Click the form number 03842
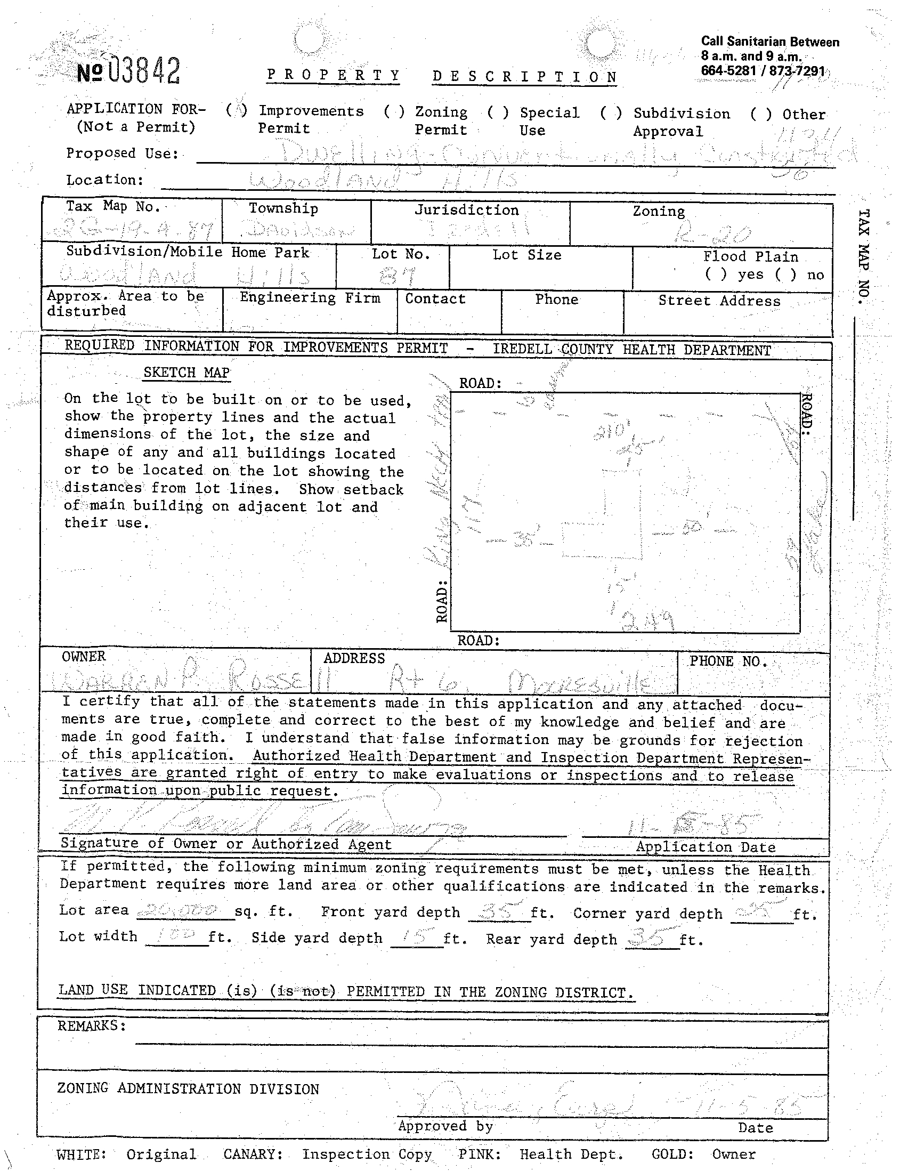tap(128, 71)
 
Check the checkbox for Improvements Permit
tap(237, 110)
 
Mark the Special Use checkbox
tap(498, 112)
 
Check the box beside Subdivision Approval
tap(611, 113)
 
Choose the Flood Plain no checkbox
tap(785, 275)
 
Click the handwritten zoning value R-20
tap(713, 233)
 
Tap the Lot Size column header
tap(527, 255)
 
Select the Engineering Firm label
tap(310, 297)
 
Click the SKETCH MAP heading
tap(187, 373)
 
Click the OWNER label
tap(84, 657)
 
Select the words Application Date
tap(706, 847)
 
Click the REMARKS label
tap(92, 1025)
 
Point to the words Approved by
tap(445, 1126)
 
